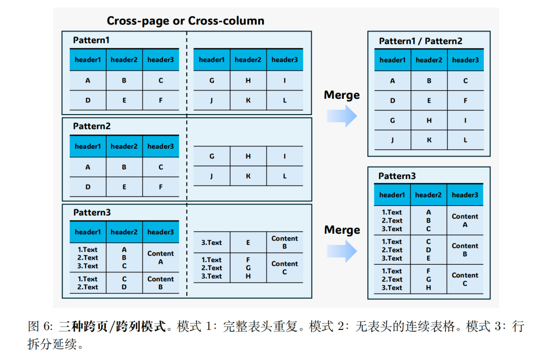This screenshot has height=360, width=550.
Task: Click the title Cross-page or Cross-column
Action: [185, 21]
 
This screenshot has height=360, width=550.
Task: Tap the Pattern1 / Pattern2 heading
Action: [421, 41]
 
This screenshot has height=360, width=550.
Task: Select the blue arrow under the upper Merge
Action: [342, 116]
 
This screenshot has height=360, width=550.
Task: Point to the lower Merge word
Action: [342, 230]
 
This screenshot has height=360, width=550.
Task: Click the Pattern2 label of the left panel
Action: [92, 126]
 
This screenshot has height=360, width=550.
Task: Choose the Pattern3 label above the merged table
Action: [397, 176]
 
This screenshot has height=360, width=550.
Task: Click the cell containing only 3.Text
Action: [212, 243]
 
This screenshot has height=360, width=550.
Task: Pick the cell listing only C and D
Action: [124, 283]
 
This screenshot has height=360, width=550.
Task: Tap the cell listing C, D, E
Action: [429, 250]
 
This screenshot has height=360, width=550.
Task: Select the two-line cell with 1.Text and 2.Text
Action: [88, 283]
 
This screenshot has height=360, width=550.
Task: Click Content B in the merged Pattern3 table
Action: [465, 250]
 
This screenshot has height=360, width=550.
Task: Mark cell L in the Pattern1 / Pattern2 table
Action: [465, 140]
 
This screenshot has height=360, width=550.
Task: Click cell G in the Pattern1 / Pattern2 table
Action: [393, 121]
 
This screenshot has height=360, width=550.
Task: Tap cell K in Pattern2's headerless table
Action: [248, 176]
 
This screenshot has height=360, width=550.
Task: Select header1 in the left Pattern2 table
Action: [88, 147]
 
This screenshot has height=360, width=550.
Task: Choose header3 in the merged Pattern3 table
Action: [465, 195]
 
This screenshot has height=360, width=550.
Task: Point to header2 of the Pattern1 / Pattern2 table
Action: [429, 60]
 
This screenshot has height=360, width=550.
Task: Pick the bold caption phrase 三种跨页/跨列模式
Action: [112, 326]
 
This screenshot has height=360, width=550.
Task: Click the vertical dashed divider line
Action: [187, 163]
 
